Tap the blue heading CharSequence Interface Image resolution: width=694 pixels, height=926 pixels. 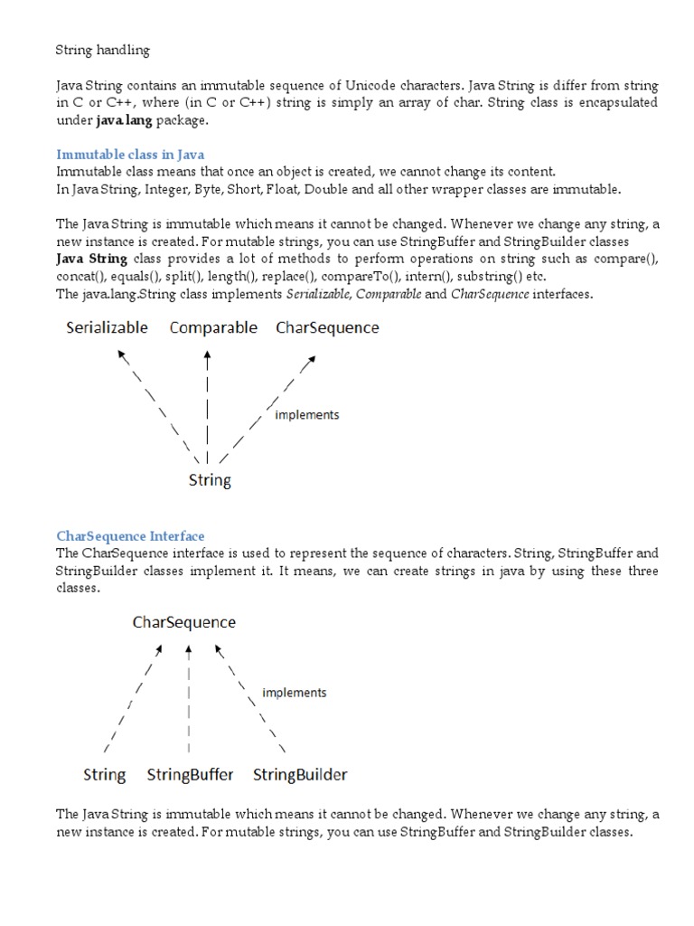tap(130, 536)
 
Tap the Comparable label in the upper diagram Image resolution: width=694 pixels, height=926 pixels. tap(213, 327)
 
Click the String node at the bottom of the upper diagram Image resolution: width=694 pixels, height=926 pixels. tap(210, 480)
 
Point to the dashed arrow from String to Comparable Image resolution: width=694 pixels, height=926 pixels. tap(208, 402)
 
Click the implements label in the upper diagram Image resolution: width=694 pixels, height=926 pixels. tap(306, 415)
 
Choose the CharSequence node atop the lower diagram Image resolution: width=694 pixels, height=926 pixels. tap(184, 622)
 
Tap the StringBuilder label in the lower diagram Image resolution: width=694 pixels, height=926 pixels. tap(300, 775)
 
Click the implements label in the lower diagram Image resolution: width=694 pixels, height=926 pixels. tap(294, 693)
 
